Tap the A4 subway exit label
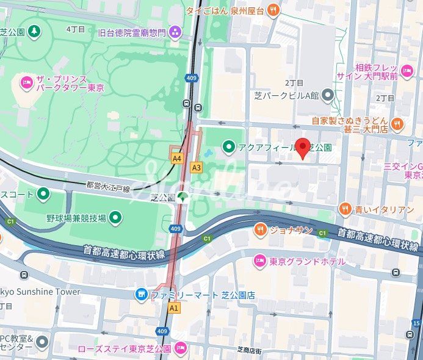pyautogui.click(x=177, y=158)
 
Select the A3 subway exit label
pyautogui.click(x=197, y=167)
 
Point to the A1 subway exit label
pyautogui.click(x=175, y=308)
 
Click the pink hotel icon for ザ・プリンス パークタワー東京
pyautogui.click(x=26, y=82)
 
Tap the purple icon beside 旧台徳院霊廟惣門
pyautogui.click(x=176, y=31)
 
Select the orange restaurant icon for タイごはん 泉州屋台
pyautogui.click(x=273, y=9)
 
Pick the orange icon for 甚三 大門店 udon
pyautogui.click(x=397, y=124)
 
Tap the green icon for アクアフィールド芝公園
pyautogui.click(x=229, y=146)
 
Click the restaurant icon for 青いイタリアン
pyautogui.click(x=345, y=209)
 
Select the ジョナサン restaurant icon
pyautogui.click(x=260, y=229)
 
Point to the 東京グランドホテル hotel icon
pyautogui.click(x=259, y=261)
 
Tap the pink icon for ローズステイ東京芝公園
pyautogui.click(x=179, y=348)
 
